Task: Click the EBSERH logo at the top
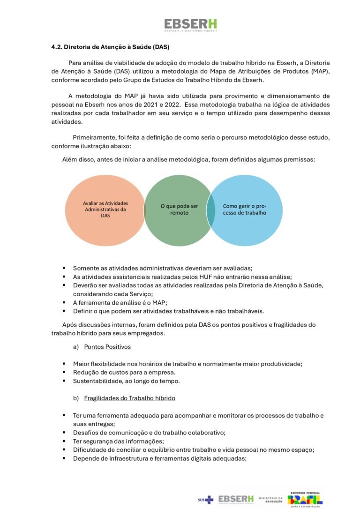(190, 25)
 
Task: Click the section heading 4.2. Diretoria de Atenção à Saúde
(110, 47)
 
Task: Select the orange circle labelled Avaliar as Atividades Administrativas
(105, 210)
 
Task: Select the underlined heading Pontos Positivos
(107, 347)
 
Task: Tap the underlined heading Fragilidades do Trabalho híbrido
(129, 398)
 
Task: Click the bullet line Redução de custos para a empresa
(124, 373)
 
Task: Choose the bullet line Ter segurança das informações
(118, 441)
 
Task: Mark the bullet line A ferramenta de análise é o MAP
(120, 303)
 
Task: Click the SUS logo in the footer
(205, 500)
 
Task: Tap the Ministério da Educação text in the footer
(271, 500)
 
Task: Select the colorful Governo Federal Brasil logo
(305, 500)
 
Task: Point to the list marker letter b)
(76, 398)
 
